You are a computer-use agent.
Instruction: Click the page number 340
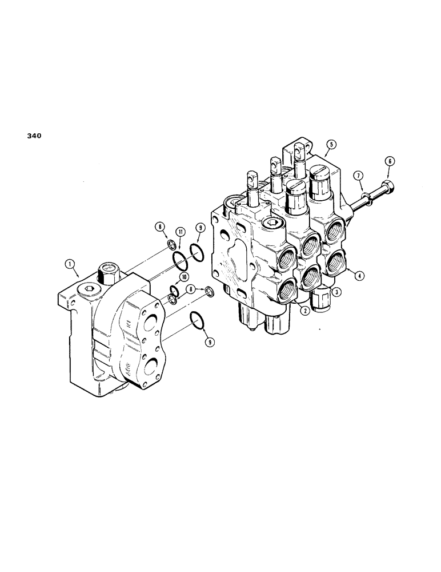click(x=33, y=136)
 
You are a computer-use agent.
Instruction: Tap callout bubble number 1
click(x=70, y=264)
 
